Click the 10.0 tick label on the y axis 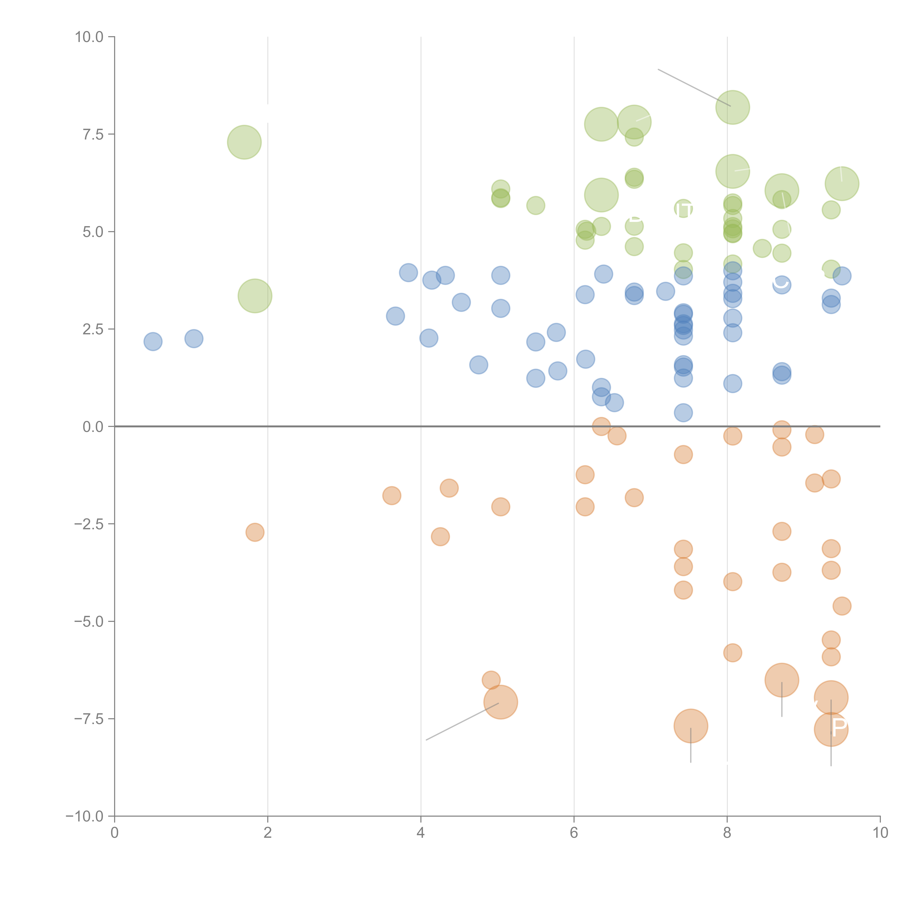(x=89, y=37)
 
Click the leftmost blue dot (x=153, y=341)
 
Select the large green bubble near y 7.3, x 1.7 (x=244, y=142)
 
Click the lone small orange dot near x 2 (x=255, y=532)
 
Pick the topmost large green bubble (x=732, y=107)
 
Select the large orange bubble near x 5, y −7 (x=501, y=702)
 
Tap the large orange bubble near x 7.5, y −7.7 (x=691, y=726)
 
